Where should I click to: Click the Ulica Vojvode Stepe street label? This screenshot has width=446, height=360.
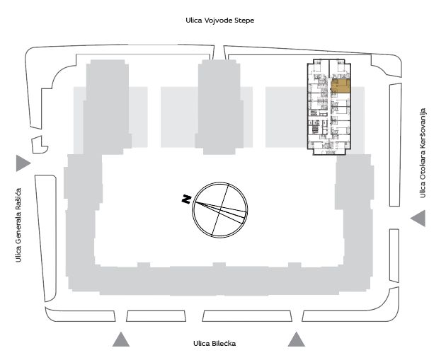click(220, 21)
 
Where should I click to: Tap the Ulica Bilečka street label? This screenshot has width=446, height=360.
click(215, 343)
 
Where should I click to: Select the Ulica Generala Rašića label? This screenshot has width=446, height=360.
click(18, 225)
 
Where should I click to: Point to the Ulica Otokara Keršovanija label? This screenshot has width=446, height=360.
click(423, 153)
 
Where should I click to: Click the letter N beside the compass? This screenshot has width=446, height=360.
click(186, 199)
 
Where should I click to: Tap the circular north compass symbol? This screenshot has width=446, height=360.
click(220, 209)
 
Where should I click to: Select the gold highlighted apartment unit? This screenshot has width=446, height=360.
click(341, 86)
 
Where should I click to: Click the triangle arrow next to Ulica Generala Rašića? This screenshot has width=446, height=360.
click(23, 163)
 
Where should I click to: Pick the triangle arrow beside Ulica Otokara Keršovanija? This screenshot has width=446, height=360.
click(418, 219)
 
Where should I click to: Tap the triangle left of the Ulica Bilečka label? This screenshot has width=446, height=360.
click(121, 339)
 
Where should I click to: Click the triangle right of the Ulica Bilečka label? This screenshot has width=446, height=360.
click(297, 339)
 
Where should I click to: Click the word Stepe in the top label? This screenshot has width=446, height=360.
click(244, 21)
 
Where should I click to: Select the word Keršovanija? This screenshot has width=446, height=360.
click(423, 128)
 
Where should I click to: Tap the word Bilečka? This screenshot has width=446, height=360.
click(224, 343)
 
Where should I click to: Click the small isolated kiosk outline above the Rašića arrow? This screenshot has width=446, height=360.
click(40, 145)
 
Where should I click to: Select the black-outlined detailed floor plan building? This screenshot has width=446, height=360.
click(328, 107)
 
